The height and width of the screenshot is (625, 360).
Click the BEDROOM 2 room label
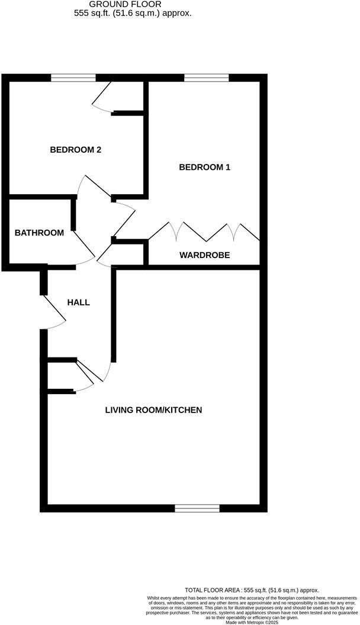tap(75, 150)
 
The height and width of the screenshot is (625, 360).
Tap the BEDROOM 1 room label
tap(204, 167)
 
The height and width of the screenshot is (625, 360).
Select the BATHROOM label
tap(39, 233)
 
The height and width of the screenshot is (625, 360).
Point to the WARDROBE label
tap(204, 255)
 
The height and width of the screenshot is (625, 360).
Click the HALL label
tap(78, 302)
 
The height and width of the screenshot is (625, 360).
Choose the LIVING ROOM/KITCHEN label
tap(154, 410)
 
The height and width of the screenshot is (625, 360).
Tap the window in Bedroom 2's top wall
tap(73, 77)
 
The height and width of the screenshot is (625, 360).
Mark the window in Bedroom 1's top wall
tap(206, 77)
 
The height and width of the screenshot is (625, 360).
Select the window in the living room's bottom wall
tap(197, 508)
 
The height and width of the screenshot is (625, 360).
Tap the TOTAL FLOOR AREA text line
tap(252, 590)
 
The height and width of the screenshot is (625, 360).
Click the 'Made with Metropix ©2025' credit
tap(252, 621)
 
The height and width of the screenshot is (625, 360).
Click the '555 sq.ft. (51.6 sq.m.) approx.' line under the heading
tap(133, 12)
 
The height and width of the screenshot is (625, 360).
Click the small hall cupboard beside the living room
tap(61, 375)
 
